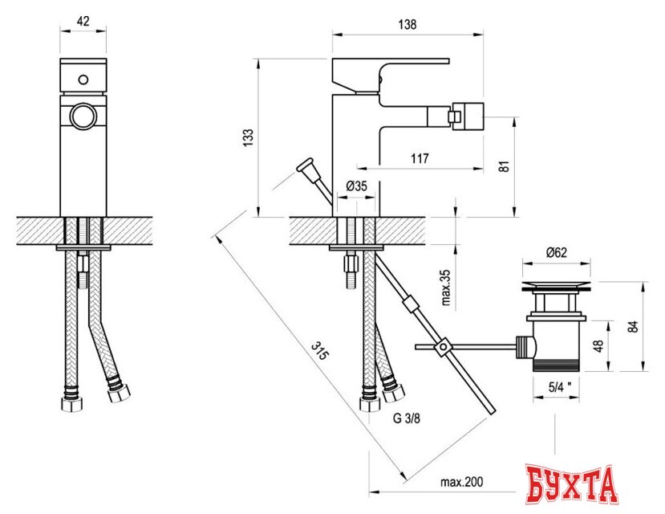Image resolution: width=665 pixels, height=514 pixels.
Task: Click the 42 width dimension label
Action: click(x=83, y=21)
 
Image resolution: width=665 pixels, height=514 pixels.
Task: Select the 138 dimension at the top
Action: click(x=408, y=24)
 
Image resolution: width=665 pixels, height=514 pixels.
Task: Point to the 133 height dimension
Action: click(x=248, y=138)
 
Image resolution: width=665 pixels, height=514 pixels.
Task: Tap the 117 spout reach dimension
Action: click(x=420, y=158)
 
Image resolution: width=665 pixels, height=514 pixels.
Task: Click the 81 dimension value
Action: click(x=504, y=166)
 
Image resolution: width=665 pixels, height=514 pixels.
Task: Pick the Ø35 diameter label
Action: click(x=356, y=186)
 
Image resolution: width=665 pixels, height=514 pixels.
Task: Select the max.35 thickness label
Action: click(x=446, y=288)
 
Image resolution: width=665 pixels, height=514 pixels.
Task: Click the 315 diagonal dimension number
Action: click(x=319, y=350)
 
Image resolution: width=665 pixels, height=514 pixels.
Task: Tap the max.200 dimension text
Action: click(x=461, y=482)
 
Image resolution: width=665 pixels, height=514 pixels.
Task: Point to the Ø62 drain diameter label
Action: click(x=557, y=252)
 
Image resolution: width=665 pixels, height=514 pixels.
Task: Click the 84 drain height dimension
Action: click(x=633, y=326)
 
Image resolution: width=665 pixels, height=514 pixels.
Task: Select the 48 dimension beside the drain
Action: click(x=598, y=346)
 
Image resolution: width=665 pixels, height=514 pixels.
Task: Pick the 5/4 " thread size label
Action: click(x=560, y=386)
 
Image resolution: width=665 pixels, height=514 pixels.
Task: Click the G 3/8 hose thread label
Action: click(x=407, y=418)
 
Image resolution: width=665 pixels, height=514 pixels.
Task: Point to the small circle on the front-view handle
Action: click(x=83, y=80)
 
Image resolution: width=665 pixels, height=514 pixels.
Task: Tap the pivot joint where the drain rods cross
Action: click(x=442, y=347)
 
